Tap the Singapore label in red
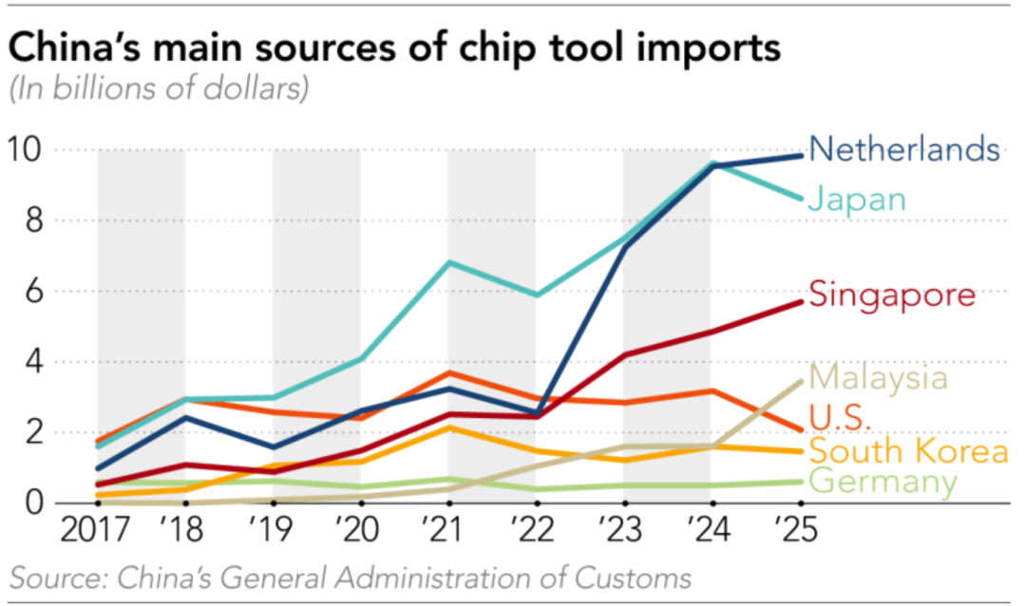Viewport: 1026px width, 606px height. tap(891, 294)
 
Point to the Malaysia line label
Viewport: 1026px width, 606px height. tap(879, 377)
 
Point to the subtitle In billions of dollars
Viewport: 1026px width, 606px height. tap(159, 90)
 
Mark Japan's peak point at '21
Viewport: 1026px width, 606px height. tap(448, 262)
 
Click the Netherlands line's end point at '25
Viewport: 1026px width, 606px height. tap(802, 156)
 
